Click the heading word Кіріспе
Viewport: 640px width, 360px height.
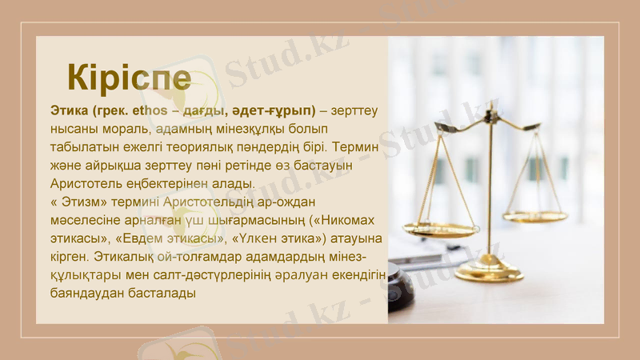(129, 78)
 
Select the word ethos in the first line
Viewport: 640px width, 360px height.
(146, 110)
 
